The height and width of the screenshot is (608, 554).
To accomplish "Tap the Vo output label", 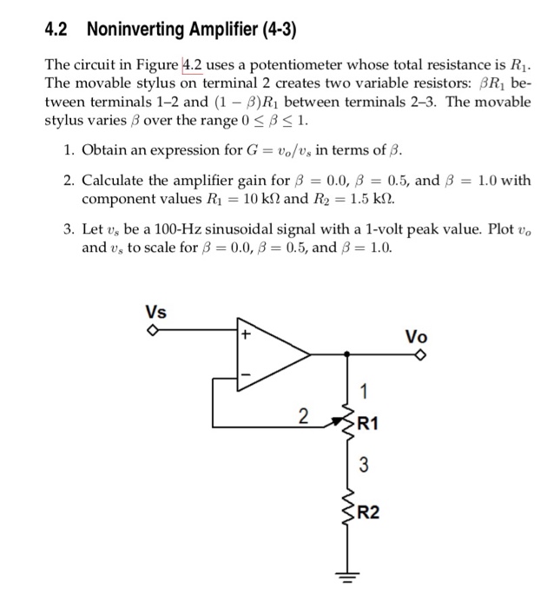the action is click(416, 337).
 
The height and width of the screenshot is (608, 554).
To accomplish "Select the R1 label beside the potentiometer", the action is click(368, 425).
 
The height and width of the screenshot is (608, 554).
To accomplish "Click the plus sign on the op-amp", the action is click(246, 334).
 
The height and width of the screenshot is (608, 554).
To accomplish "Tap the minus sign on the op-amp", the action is click(246, 375).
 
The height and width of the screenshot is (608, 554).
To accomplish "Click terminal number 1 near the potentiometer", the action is click(366, 388).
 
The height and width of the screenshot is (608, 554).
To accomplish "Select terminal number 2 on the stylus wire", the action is click(302, 416).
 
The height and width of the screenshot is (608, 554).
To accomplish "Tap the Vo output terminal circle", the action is click(422, 354).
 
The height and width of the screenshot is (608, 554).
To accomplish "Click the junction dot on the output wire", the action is click(348, 354).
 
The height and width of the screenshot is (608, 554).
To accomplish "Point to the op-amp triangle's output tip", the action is click(310, 354).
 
